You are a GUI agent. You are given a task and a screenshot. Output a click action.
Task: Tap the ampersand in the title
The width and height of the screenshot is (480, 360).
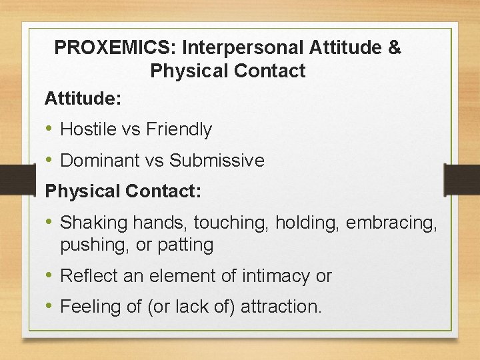coord(394,48)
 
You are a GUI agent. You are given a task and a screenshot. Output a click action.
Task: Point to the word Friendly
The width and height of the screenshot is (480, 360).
coord(177,129)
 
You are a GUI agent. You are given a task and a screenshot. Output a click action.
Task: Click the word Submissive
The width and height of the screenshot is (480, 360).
coord(217,161)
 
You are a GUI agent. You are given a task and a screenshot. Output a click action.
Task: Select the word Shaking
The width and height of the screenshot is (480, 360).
coord(94,223)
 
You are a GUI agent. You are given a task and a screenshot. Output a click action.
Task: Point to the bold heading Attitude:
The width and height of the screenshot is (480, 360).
coord(83,99)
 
